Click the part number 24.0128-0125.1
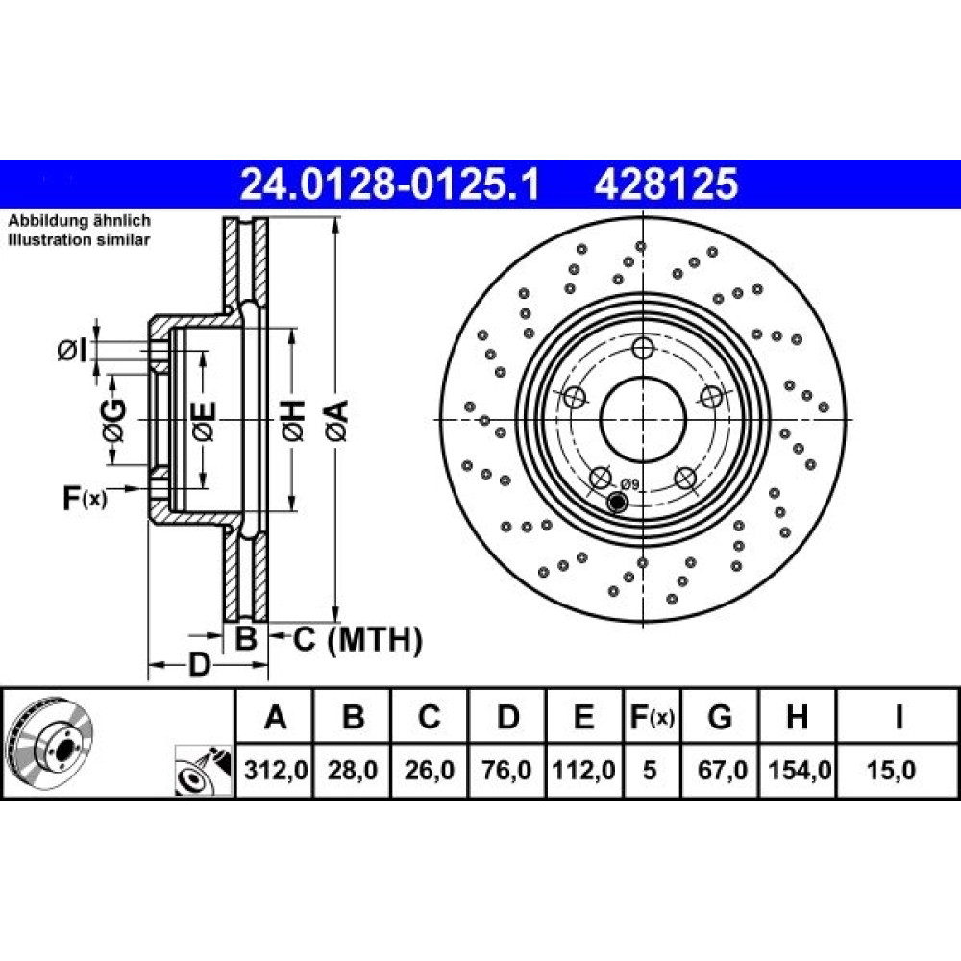click(x=390, y=185)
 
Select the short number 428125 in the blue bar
click(x=666, y=185)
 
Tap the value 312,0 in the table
click(x=275, y=770)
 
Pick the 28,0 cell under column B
click(x=353, y=770)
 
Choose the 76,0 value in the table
click(x=506, y=770)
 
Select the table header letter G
click(x=720, y=716)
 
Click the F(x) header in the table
click(x=653, y=717)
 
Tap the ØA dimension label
click(x=337, y=420)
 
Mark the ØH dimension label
click(x=293, y=420)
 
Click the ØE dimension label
click(x=204, y=421)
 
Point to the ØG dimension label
click(x=114, y=421)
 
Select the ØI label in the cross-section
click(x=72, y=351)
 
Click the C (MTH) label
click(x=357, y=640)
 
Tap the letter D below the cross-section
click(x=199, y=664)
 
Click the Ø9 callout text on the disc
click(x=629, y=484)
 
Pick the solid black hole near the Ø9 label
click(x=617, y=502)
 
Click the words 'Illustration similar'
click(x=79, y=239)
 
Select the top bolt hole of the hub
click(x=642, y=348)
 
